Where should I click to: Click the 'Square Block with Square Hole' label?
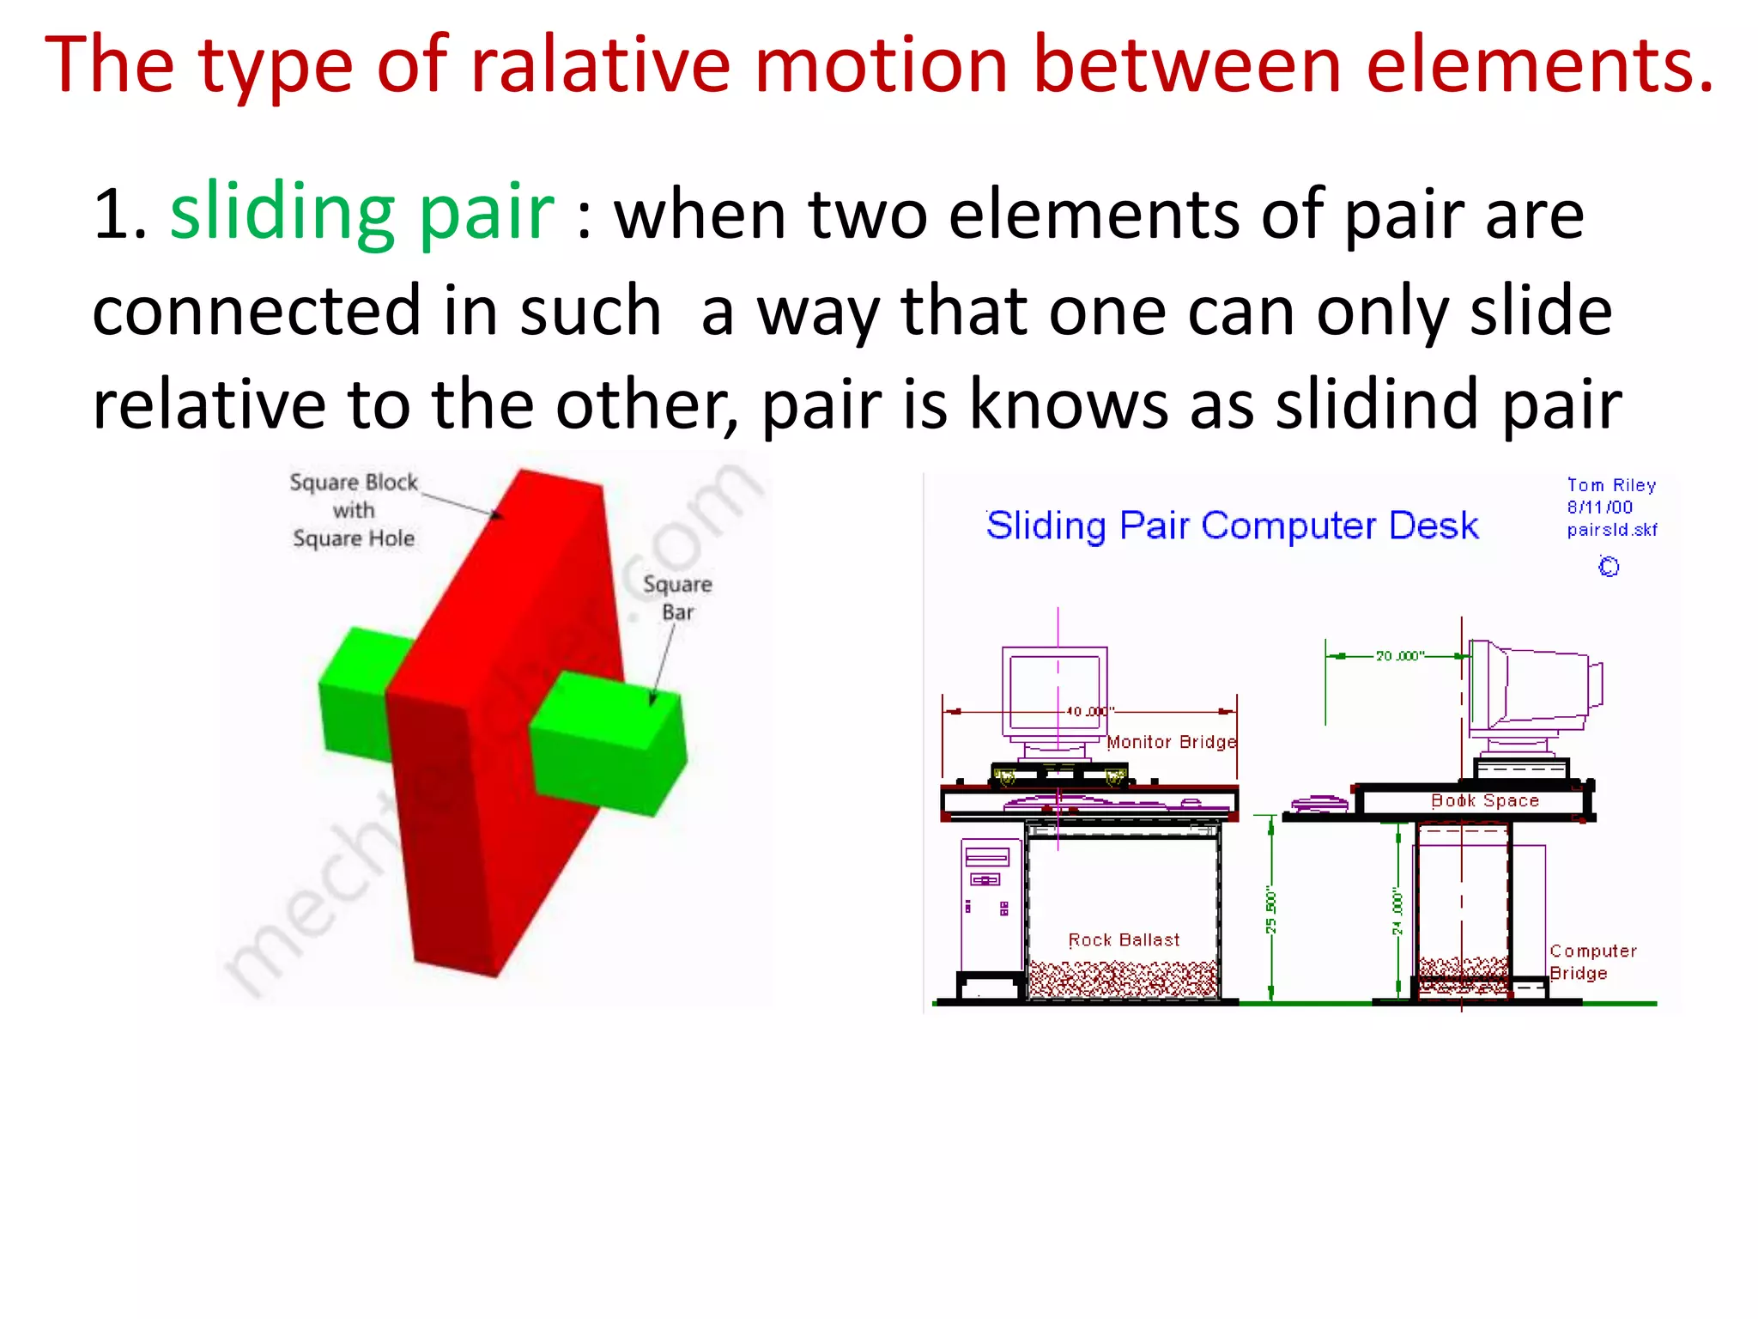click(354, 510)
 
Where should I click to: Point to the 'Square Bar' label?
click(677, 598)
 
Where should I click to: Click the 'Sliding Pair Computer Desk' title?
click(1232, 526)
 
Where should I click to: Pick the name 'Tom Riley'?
click(1611, 485)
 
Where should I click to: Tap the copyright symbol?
click(1609, 567)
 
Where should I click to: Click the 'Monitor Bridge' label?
click(1172, 742)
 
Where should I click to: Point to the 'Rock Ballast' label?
click(1124, 939)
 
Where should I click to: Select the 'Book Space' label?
click(1485, 800)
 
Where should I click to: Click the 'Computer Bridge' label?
click(1591, 962)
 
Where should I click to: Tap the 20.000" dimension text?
click(1399, 656)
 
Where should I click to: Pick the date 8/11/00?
click(1599, 508)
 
